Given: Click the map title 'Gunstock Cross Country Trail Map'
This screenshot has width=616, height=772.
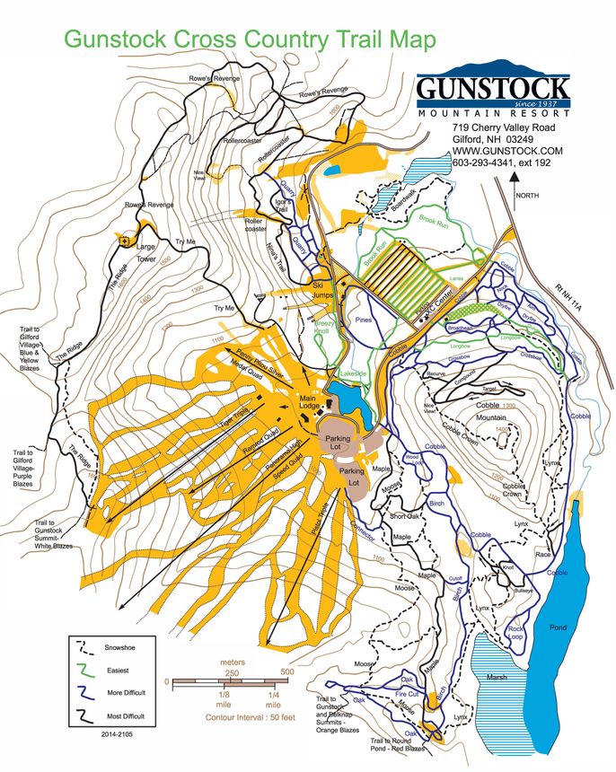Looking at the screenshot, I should coord(250,40).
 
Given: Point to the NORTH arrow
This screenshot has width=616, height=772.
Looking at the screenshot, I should coord(517,184).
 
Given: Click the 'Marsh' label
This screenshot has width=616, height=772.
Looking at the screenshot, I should coord(497,676).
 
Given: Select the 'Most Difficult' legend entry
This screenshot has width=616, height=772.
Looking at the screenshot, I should coord(125,716).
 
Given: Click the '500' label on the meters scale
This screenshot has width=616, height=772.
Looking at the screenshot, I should coord(286,671).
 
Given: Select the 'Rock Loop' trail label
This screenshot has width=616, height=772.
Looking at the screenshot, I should coord(515,633).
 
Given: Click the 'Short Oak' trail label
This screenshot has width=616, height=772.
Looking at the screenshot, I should coord(404,515).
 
